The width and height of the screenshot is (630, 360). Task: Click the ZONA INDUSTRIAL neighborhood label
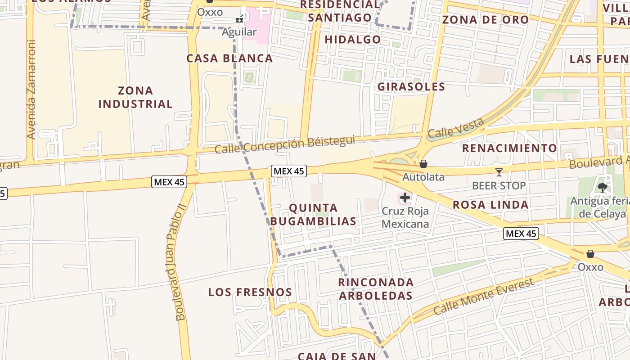coord(135,97)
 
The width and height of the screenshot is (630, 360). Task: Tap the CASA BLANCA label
coord(229,58)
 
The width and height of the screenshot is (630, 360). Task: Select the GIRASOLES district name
coord(411,87)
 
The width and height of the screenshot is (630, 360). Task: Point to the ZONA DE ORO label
coord(486,20)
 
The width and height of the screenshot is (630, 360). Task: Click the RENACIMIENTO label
coord(509,148)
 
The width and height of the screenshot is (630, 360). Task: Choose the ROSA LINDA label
coord(490,205)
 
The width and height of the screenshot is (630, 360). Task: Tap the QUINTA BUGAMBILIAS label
coord(313,215)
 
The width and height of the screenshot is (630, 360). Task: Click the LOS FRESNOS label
coord(250,292)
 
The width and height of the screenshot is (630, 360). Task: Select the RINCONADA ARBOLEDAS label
coord(376,289)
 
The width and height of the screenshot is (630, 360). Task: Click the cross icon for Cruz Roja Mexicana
coord(405,197)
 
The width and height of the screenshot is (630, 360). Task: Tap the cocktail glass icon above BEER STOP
coord(499,172)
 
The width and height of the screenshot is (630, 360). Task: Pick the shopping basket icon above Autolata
coord(423,164)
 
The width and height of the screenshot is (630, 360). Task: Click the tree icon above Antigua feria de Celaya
coord(602,188)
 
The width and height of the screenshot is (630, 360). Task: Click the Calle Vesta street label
coord(456,127)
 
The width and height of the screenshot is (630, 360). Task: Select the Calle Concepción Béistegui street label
coord(285,144)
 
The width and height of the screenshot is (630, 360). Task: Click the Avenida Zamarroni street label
coord(31,89)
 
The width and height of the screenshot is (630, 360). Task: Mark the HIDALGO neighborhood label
coord(353,40)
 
